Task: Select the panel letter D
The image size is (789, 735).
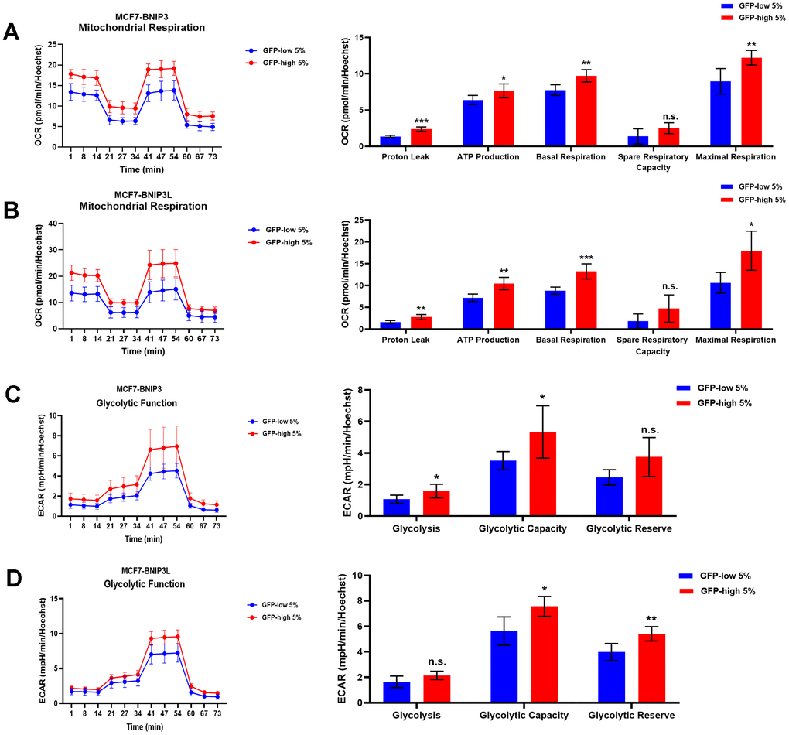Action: coord(13,579)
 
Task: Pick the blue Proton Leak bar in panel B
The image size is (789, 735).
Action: coord(390,325)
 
